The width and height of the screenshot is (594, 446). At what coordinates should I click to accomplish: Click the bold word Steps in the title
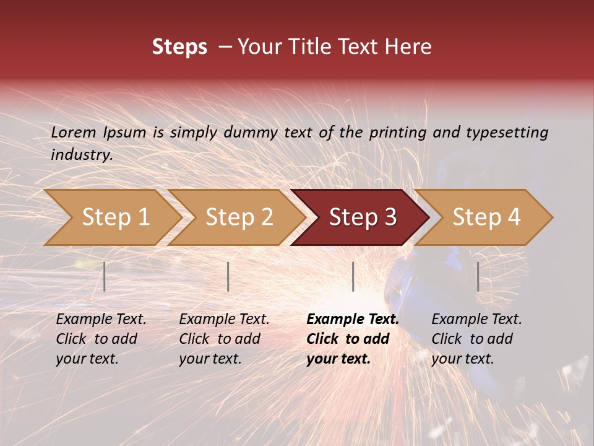(x=179, y=47)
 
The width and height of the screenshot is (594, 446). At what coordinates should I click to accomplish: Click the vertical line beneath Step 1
(x=105, y=276)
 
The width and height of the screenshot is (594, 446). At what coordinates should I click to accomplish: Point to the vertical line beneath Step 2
(x=228, y=276)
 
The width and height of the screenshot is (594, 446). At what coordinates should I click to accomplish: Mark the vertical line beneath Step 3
(x=353, y=276)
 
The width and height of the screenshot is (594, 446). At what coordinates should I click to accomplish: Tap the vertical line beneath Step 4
(x=478, y=276)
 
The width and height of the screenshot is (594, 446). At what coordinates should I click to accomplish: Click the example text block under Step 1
(x=101, y=339)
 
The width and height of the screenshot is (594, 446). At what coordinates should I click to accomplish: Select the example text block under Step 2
(x=224, y=339)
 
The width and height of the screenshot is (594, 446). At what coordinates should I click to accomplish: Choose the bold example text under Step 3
(x=352, y=339)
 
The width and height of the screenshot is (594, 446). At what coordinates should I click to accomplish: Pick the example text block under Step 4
(x=476, y=339)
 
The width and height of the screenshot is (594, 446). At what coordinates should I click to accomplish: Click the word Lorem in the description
(x=74, y=132)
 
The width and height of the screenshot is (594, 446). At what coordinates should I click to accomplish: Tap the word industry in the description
(x=81, y=154)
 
